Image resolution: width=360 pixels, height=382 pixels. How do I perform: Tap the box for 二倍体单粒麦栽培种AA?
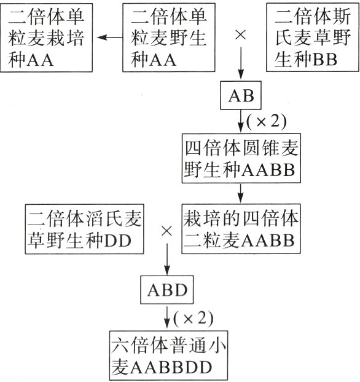(x=47, y=38)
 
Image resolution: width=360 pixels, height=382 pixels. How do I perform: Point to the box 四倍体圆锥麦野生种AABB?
(x=240, y=158)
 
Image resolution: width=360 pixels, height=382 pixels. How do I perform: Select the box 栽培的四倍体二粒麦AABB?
(x=240, y=228)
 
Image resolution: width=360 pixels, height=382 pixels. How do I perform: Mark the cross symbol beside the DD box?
(x=166, y=232)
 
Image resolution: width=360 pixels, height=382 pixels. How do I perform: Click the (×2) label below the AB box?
(x=267, y=121)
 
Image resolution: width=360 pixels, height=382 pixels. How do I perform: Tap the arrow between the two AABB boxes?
(x=240, y=193)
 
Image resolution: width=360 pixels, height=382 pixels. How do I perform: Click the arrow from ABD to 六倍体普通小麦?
(x=167, y=317)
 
